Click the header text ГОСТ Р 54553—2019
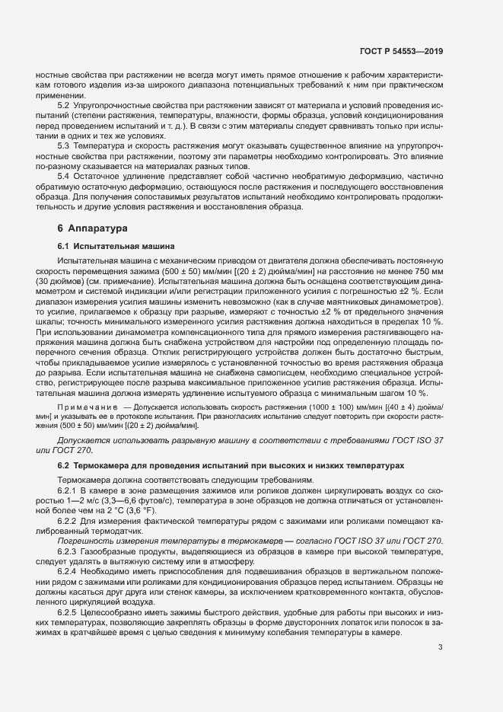point(401,51)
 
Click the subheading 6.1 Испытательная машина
point(116,247)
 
